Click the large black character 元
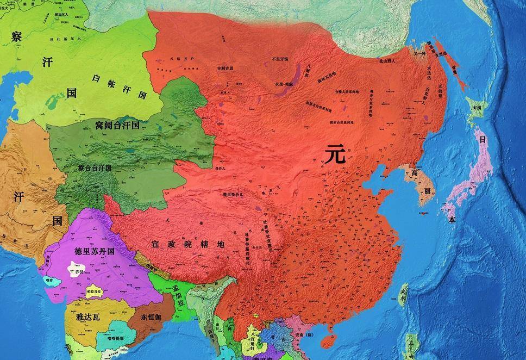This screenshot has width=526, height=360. [x=335, y=155]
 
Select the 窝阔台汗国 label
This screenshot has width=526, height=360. [x=117, y=125]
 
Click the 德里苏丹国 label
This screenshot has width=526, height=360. [x=93, y=252]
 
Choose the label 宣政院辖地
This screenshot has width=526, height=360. [x=187, y=245]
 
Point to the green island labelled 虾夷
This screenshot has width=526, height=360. [x=477, y=109]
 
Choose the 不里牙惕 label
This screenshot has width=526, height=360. [x=280, y=59]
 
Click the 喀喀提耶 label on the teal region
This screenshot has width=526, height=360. [x=111, y=338]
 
